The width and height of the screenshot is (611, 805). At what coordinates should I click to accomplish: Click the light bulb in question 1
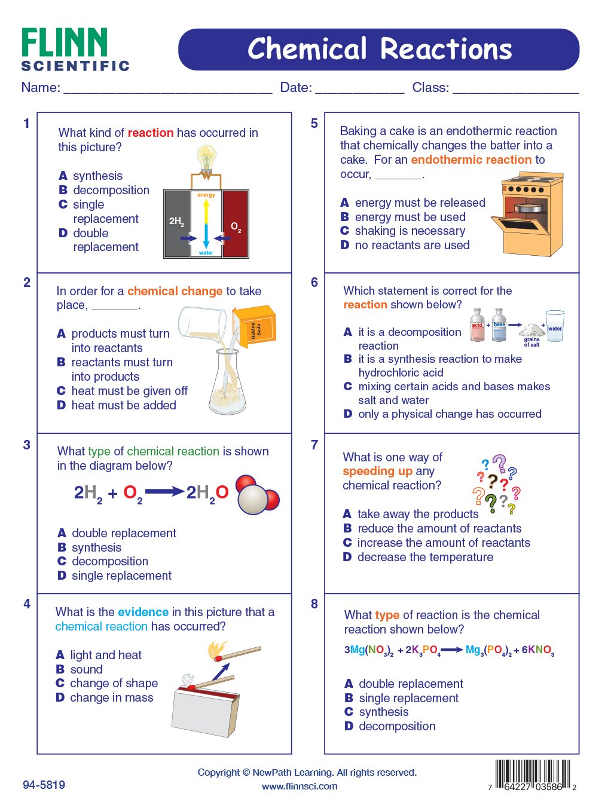point(206,161)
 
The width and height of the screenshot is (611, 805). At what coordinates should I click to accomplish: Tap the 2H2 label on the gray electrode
point(177,222)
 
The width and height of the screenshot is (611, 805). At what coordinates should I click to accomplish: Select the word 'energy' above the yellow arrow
point(206,195)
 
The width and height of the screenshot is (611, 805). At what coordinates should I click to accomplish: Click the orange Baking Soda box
point(255,326)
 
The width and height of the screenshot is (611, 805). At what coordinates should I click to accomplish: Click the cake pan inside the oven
point(528,208)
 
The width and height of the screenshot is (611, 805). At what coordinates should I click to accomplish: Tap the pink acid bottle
point(477,325)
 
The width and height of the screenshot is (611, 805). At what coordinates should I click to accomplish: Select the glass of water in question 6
point(555,326)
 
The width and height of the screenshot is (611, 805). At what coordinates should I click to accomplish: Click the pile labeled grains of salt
point(531,329)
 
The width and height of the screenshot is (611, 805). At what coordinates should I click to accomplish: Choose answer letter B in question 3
point(62,547)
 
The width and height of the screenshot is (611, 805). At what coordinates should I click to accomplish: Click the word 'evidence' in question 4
point(143,612)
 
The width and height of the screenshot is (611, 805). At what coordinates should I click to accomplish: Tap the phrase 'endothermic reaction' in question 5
point(471,160)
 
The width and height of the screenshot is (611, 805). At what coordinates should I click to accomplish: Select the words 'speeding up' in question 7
point(377,472)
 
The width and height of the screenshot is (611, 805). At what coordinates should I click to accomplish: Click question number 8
point(314,604)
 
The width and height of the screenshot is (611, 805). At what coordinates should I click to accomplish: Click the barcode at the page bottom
point(533,774)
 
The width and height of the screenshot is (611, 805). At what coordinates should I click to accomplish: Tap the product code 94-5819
point(44,785)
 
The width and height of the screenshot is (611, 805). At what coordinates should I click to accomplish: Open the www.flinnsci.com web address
point(300,786)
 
